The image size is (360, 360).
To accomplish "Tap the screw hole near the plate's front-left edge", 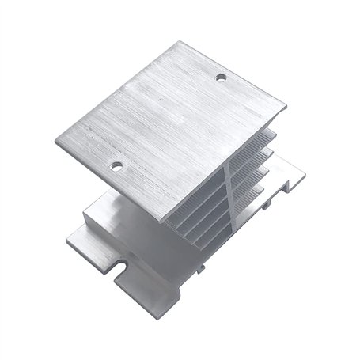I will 117,165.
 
